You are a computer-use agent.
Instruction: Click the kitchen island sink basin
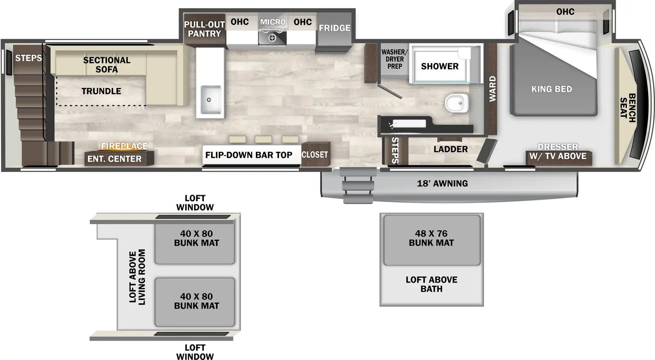click(x=210, y=100)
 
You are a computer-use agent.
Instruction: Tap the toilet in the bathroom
click(x=456, y=103)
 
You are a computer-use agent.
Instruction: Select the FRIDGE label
click(x=334, y=28)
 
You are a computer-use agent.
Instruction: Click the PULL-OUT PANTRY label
click(x=204, y=29)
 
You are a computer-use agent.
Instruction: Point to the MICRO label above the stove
click(x=273, y=22)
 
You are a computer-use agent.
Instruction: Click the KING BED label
click(x=551, y=89)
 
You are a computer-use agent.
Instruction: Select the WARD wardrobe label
click(x=492, y=89)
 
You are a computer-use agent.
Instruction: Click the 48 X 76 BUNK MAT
click(x=431, y=239)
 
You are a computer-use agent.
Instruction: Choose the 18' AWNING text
click(x=442, y=184)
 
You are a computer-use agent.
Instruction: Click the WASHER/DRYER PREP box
click(x=394, y=59)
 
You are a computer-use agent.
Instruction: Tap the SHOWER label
click(x=440, y=66)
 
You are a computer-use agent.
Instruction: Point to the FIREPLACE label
click(x=124, y=146)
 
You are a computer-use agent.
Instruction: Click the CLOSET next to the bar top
click(x=315, y=155)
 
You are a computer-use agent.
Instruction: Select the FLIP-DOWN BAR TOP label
click(x=248, y=155)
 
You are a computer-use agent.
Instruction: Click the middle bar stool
click(x=263, y=139)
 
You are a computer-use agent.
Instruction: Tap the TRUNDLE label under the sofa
click(x=101, y=91)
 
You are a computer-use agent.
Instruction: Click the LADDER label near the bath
click(x=450, y=149)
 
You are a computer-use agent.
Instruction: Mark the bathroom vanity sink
click(x=403, y=124)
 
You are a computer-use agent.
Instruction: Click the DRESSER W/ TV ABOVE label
click(x=558, y=152)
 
